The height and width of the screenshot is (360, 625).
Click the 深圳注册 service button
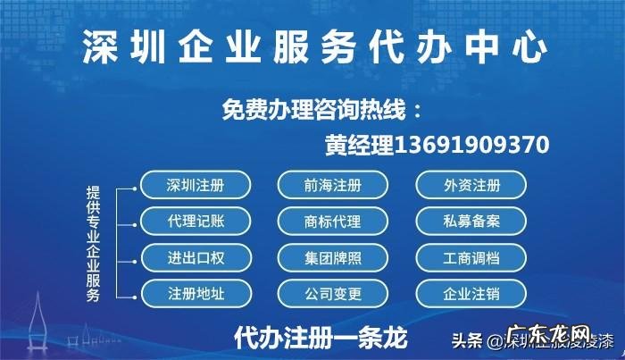196,186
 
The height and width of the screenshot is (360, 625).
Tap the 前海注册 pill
332,186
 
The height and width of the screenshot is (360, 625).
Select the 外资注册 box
471,186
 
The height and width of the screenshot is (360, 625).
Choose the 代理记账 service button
196,221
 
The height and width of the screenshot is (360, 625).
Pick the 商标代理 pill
332,221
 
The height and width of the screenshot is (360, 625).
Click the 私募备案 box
471,221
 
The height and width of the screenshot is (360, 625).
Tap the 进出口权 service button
196,258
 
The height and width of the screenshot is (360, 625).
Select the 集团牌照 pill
332,258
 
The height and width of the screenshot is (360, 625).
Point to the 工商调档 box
471,258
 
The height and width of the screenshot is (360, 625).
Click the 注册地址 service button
196,293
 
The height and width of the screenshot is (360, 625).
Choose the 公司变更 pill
332,293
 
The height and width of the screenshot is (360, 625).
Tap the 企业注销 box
471,293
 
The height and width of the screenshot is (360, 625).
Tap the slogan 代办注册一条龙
320,338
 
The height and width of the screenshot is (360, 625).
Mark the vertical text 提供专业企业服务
93,241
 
